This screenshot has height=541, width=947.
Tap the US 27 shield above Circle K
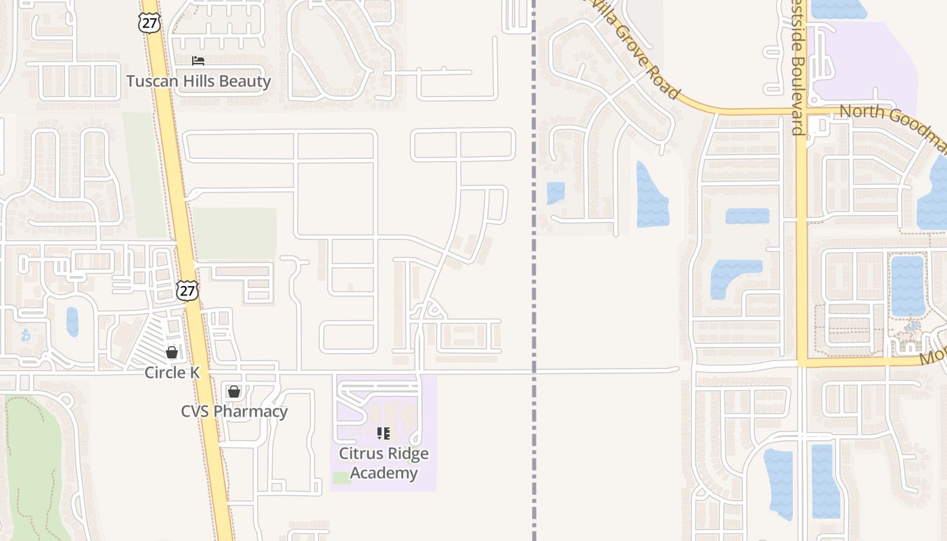click(187, 290)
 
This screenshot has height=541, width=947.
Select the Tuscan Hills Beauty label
click(198, 82)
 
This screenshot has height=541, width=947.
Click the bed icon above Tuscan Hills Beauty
click(198, 61)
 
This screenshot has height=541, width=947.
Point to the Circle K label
click(172, 373)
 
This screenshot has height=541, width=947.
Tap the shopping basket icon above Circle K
click(172, 352)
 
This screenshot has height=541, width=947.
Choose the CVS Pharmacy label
click(234, 411)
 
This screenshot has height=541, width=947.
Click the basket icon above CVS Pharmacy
click(234, 391)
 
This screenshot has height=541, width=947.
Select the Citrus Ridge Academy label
click(384, 463)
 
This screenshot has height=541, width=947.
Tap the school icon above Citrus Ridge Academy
click(384, 433)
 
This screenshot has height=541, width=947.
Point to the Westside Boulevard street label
click(798, 68)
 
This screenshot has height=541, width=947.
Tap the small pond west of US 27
click(72, 322)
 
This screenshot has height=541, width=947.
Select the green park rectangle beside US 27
click(235, 233)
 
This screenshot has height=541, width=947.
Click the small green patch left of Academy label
click(342, 478)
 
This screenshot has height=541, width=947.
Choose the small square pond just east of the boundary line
click(555, 193)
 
